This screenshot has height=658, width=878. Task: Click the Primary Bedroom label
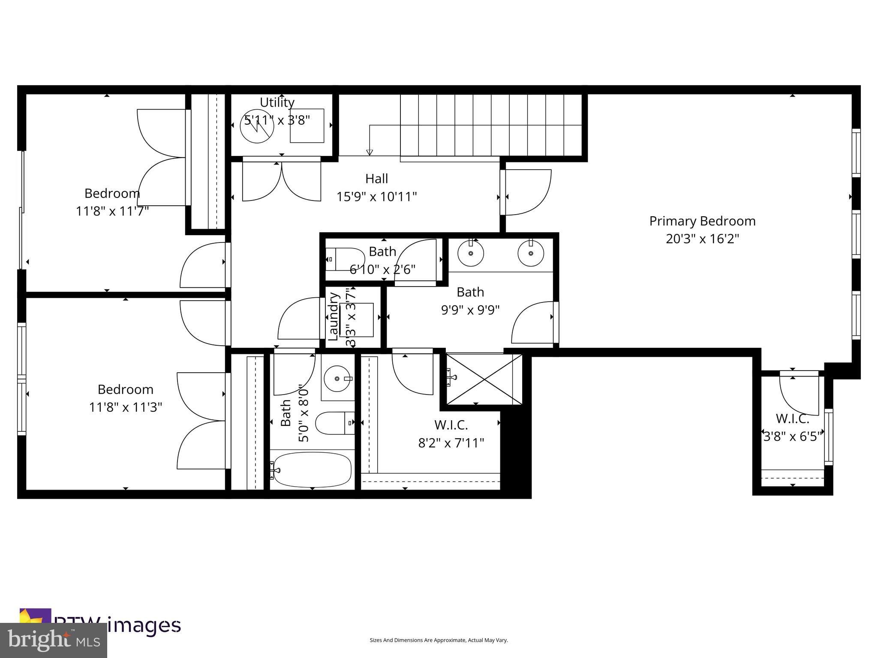(x=702, y=221)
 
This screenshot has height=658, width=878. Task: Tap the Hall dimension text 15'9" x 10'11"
(x=376, y=197)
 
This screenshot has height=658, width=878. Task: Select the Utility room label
(x=277, y=102)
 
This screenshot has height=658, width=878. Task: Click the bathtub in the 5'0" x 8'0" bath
(x=312, y=470)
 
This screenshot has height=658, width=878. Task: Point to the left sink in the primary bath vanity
(x=471, y=253)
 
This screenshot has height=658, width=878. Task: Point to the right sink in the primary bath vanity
(x=530, y=253)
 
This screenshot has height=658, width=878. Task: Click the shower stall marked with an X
(x=484, y=379)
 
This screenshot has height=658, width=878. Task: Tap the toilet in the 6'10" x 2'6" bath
(x=345, y=259)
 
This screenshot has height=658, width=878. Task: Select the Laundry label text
(x=333, y=316)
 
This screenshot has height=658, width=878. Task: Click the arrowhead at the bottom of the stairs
(x=370, y=152)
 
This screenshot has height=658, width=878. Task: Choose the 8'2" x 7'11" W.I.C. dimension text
(x=451, y=443)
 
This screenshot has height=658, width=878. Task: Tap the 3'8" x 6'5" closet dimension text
(x=792, y=437)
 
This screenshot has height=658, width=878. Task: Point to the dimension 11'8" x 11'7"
(x=112, y=211)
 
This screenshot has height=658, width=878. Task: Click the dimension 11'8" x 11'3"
(x=125, y=407)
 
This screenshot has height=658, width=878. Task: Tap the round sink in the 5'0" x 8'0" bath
(x=337, y=379)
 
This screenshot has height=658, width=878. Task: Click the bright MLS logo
(x=54, y=640)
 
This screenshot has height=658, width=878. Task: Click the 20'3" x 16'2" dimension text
(x=702, y=239)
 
